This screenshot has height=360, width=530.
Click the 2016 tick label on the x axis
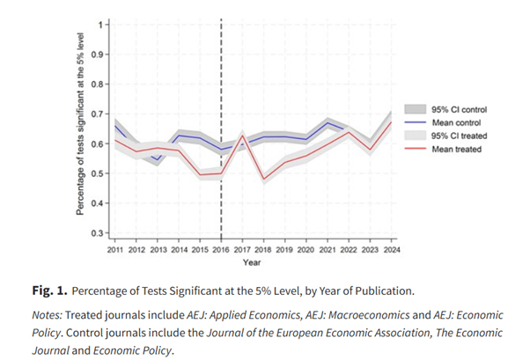click(220, 250)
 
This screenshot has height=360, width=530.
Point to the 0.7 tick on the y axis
click(99, 114)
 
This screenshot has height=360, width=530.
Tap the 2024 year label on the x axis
click(390, 250)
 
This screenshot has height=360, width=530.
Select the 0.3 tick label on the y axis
click(99, 233)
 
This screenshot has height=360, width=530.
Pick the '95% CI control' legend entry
click(459, 110)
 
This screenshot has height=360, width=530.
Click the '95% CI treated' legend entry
click(459, 136)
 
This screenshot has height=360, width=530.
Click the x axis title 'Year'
click(252, 262)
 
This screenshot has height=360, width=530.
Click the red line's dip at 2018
click(262, 180)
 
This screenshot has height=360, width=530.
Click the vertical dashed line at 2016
click(220, 88)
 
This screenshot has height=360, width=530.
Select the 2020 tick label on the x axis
click(305, 250)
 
